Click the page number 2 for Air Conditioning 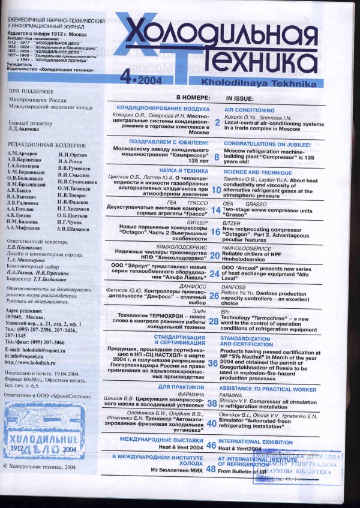(217, 122)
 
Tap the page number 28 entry (214, 321)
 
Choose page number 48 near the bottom (211, 469)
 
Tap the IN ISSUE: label (240, 97)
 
